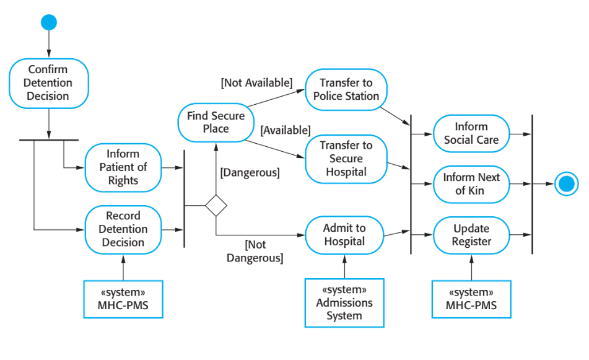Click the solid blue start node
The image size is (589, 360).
tap(49, 23)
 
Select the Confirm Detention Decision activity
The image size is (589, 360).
tap(48, 83)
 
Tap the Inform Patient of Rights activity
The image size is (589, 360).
tap(123, 167)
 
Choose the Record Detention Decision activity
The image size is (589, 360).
tap(123, 229)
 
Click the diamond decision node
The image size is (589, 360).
tap(216, 205)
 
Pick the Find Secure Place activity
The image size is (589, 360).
tap(216, 122)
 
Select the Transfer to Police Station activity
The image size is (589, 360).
tap(346, 89)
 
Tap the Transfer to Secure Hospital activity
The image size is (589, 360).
tap(346, 159)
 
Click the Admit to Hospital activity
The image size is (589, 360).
tap(344, 235)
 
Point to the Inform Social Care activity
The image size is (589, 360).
tap(471, 133)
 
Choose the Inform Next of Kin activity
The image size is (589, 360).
tap(471, 184)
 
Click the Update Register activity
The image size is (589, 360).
tap(471, 235)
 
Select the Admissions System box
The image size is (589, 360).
tap(344, 302)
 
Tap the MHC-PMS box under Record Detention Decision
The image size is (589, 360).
tap(123, 299)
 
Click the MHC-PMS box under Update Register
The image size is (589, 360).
tap(471, 299)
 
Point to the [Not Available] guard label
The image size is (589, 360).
tap(256, 82)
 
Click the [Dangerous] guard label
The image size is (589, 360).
tap(250, 173)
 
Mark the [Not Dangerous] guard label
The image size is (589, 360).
tap(255, 252)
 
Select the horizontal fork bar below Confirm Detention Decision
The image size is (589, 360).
tap(48, 140)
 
